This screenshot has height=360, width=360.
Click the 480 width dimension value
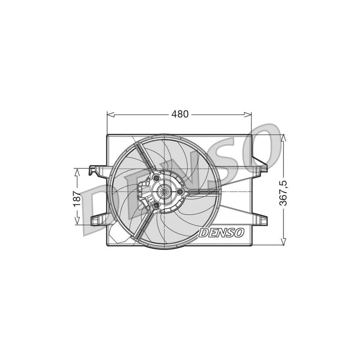click(180, 114)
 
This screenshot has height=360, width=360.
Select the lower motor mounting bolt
click(156, 206)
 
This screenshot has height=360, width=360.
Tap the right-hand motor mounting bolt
click(180, 193)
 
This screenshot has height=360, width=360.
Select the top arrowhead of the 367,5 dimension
click(283, 138)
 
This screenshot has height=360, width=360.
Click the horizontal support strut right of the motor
click(204, 192)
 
